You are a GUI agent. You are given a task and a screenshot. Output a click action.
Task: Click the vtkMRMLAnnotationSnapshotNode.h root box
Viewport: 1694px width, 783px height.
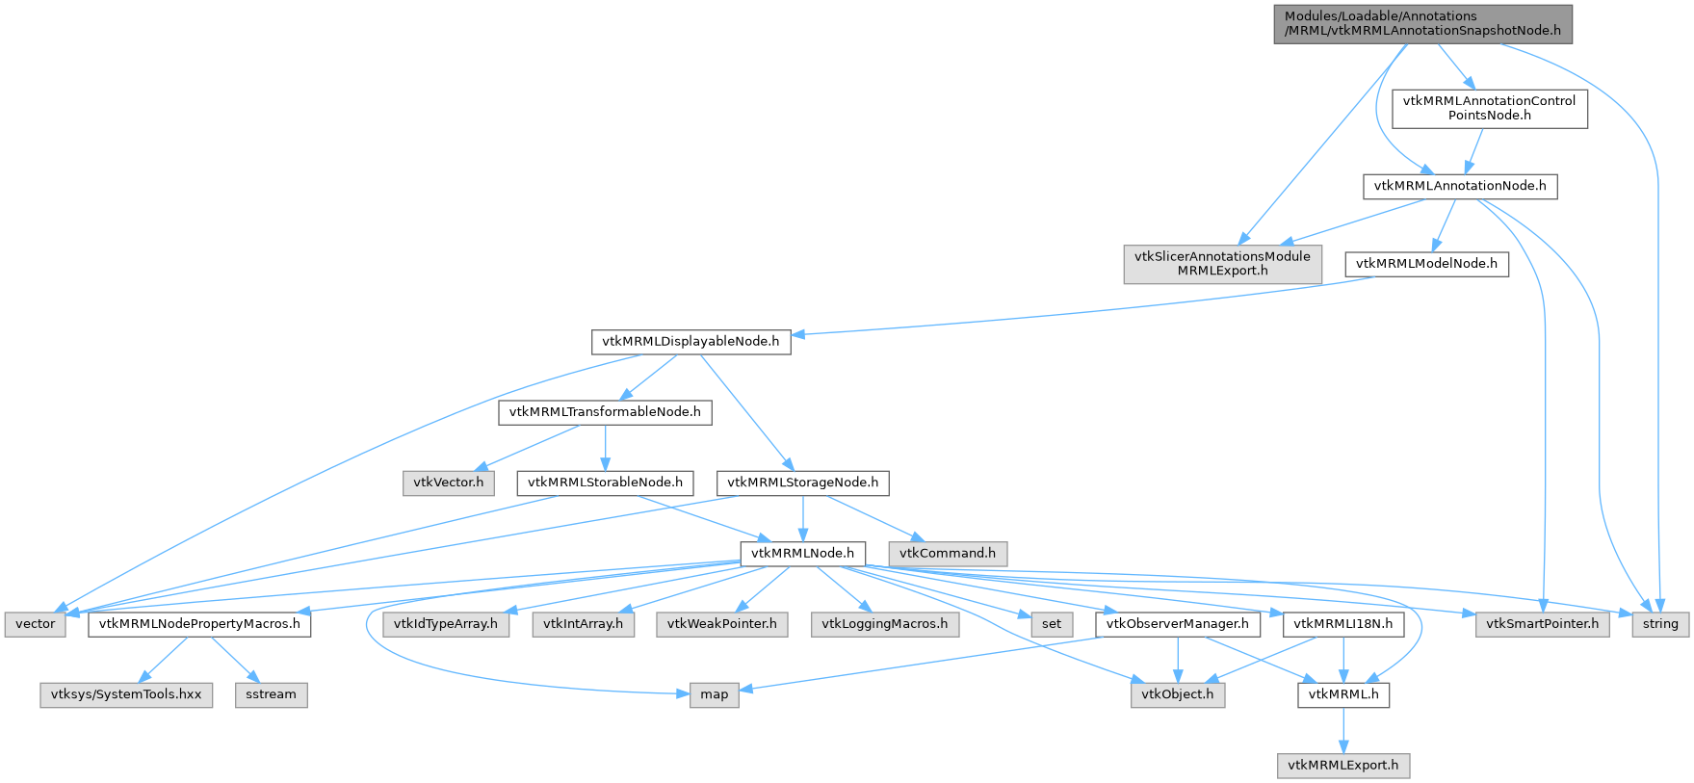[x=1422, y=23]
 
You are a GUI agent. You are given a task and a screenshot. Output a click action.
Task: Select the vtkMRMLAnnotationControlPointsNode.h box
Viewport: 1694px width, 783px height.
[x=1489, y=108]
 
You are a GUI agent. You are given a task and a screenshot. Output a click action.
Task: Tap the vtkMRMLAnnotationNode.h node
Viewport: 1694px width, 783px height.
[x=1459, y=186]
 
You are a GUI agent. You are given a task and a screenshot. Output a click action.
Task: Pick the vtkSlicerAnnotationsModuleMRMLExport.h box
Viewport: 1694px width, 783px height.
[x=1222, y=263]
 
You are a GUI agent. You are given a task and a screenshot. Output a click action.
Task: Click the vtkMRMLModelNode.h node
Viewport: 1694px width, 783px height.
[x=1426, y=264]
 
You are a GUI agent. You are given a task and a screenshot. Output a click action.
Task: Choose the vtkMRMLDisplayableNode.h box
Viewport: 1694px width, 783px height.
[x=691, y=341]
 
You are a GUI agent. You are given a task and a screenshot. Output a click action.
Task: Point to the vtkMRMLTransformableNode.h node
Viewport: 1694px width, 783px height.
[x=605, y=412]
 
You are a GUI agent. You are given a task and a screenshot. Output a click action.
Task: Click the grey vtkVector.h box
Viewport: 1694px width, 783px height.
[x=448, y=483]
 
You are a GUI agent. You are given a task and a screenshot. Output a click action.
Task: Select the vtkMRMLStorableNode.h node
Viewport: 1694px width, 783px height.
[x=605, y=483]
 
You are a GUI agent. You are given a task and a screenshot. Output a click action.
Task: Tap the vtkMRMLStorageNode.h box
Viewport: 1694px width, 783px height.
[x=802, y=483]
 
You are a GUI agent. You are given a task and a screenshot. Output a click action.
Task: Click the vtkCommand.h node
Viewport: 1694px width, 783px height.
[x=948, y=554]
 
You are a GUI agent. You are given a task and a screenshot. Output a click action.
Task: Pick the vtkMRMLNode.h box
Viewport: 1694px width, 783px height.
[x=802, y=554]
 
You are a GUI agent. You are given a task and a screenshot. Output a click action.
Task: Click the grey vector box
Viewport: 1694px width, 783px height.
[x=36, y=624]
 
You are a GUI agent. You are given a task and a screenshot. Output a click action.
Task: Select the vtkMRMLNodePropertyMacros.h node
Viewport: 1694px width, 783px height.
[x=199, y=624]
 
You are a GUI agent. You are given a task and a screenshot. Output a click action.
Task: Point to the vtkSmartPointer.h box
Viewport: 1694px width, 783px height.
[x=1542, y=624]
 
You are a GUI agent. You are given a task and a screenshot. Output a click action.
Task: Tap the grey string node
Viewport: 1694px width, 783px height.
[x=1660, y=624]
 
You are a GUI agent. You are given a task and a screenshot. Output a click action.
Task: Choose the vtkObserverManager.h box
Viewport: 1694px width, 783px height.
[x=1177, y=624]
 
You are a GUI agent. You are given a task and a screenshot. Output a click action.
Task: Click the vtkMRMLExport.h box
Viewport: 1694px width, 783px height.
[x=1343, y=766]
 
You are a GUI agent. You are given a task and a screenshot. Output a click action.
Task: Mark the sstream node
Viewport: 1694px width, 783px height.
[x=271, y=694]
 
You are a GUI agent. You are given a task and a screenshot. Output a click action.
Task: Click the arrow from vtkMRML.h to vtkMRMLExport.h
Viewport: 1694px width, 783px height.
[x=1343, y=730]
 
